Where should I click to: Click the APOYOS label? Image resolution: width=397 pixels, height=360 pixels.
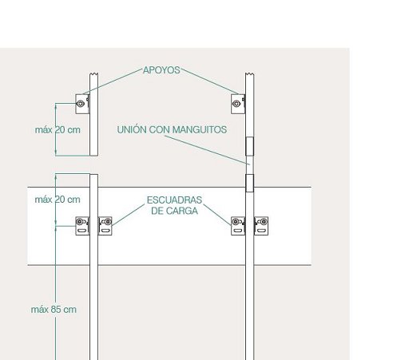pyautogui.click(x=161, y=70)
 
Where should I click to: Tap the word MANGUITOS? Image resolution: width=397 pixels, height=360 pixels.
pyautogui.click(x=200, y=129)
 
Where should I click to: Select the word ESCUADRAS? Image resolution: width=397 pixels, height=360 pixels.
pyautogui.click(x=174, y=200)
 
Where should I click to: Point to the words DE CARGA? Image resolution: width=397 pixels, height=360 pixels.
pyautogui.click(x=174, y=211)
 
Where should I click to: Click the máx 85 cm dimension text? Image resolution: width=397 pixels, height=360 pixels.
pyautogui.click(x=54, y=310)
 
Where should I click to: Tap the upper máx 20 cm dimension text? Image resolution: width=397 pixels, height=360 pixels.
pyautogui.click(x=58, y=130)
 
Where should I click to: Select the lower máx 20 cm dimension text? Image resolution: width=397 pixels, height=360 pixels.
pyautogui.click(x=58, y=200)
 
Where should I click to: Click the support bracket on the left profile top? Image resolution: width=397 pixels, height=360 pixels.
pyautogui.click(x=82, y=104)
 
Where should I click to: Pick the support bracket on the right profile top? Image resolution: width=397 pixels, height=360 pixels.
pyautogui.click(x=238, y=104)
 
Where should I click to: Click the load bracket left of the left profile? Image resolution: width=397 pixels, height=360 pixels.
pyautogui.click(x=82, y=226)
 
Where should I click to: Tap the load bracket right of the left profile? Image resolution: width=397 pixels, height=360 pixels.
pyautogui.click(x=105, y=226)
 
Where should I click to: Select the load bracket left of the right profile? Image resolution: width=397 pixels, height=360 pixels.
pyautogui.click(x=238, y=226)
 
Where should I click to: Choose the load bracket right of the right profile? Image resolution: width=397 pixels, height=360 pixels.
pyautogui.click(x=261, y=226)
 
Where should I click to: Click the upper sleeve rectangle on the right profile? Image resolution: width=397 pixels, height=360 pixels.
pyautogui.click(x=249, y=146)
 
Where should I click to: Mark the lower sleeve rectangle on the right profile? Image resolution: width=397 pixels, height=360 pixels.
pyautogui.click(x=249, y=183)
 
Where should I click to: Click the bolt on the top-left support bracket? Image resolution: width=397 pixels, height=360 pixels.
pyautogui.click(x=80, y=104)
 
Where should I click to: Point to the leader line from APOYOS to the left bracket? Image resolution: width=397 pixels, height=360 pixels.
pyautogui.click(x=113, y=81)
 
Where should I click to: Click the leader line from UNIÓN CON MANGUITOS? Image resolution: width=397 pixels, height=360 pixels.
pyautogui.click(x=207, y=150)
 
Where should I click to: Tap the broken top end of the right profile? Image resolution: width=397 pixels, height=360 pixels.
pyautogui.click(x=249, y=74)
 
